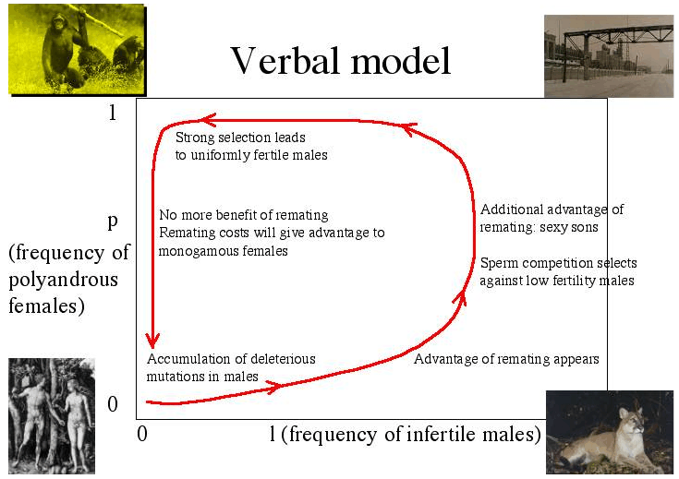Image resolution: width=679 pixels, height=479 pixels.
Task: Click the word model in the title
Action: coord(401,61)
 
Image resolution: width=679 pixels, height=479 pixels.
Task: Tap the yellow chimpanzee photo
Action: coord(77,49)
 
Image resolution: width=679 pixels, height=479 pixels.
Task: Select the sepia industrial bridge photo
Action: coord(609,55)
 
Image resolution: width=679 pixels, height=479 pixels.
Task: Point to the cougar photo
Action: coord(610,432)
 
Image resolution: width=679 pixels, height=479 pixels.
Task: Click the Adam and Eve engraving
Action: coord(52,416)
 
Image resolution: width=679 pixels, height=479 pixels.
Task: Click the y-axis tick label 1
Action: coord(113,113)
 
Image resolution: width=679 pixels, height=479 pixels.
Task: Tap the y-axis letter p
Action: coord(113,222)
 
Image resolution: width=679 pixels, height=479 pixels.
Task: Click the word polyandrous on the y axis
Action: coord(63,280)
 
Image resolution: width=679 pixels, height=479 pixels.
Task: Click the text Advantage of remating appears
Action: coord(506,359)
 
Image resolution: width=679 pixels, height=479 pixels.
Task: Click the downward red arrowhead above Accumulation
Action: coord(152,341)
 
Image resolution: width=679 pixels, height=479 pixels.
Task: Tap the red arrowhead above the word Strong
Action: coord(207,120)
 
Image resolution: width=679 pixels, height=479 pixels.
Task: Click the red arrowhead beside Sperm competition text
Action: coord(460,298)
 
